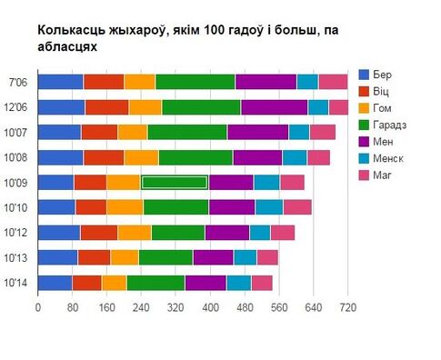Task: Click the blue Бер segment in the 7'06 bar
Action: click(60, 81)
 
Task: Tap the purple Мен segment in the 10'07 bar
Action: click(257, 132)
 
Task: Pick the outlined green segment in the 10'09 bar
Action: click(175, 182)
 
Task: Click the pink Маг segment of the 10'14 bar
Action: click(261, 283)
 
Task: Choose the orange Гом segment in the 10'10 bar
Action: click(125, 207)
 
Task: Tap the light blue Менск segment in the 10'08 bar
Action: click(294, 156)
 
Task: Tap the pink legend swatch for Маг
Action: click(366, 175)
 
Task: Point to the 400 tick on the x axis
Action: click(210, 307)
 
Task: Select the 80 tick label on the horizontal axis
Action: click(72, 307)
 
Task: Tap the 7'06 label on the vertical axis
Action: click(17, 81)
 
